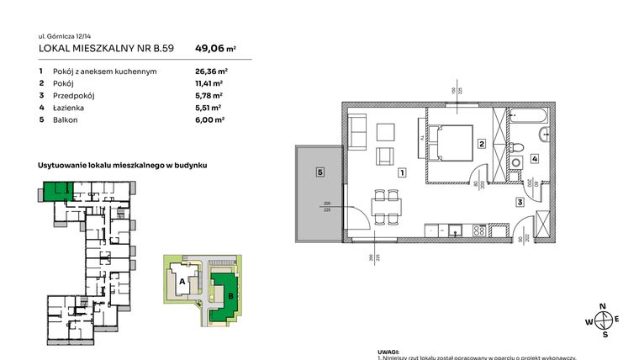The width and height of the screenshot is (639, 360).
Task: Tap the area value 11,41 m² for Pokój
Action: [x=209, y=84]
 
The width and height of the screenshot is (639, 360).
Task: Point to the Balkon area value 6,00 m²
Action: [x=209, y=120]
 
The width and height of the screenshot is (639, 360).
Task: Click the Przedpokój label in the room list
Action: [x=73, y=96]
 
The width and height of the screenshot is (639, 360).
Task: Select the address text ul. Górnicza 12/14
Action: [x=66, y=36]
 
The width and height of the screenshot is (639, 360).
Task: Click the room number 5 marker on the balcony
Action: [x=319, y=172]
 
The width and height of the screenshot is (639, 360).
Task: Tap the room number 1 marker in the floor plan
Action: [x=403, y=173]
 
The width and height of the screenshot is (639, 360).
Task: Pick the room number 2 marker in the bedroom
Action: [x=481, y=144]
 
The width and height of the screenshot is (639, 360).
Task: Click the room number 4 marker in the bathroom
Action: [x=534, y=159]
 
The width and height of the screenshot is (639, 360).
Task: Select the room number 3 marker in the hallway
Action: [x=520, y=203]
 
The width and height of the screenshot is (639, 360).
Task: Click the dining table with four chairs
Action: [x=387, y=206]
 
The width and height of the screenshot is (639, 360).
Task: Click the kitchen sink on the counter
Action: [x=456, y=229]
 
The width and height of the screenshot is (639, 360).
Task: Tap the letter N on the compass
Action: [x=602, y=307]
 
